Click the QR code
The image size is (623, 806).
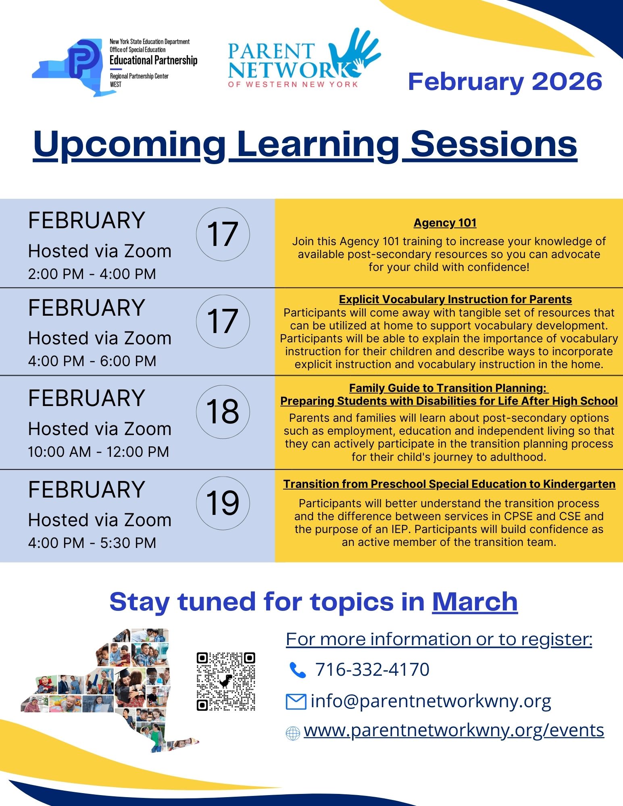226,681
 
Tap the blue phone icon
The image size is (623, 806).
298,670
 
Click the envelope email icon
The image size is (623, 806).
296,702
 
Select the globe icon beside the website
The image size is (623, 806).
293,733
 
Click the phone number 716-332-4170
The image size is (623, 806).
372,669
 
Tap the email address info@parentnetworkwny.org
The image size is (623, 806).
431,701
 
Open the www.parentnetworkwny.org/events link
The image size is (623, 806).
454,730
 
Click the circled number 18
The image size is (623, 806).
223,412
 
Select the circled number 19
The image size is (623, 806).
223,503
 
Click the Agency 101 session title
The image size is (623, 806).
445,223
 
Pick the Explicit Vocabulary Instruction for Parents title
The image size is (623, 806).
455,299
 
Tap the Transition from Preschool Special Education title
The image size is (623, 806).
449,484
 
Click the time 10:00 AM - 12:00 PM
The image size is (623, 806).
98,452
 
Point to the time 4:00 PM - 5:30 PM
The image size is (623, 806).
92,543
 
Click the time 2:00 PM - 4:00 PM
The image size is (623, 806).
92,274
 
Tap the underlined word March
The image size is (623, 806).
475,602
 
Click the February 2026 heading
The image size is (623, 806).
505,81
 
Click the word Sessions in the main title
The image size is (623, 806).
494,144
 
